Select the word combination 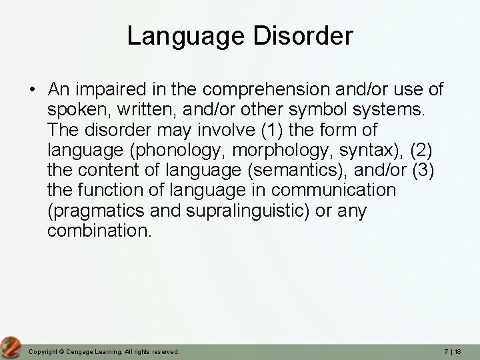coord(100,231)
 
